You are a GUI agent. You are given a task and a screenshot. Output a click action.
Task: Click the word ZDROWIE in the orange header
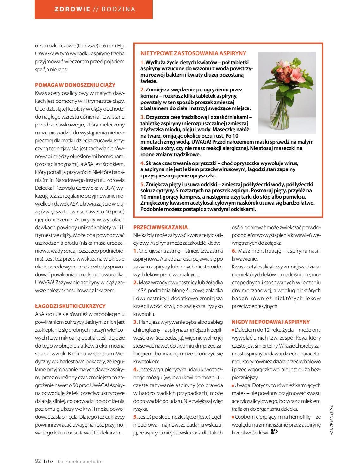pos(72,9)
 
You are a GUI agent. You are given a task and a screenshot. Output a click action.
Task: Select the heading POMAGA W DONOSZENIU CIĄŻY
pos(75,85)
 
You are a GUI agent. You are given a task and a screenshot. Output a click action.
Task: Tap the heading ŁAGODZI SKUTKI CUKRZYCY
pos(70,306)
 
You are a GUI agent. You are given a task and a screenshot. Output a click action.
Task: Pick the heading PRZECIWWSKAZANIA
pos(160,227)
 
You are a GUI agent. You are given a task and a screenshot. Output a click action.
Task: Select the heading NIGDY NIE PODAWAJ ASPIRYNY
pos(270,322)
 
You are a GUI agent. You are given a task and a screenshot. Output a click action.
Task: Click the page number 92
pos(38,461)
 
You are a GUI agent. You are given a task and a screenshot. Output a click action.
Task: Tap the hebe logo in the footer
pos(48,461)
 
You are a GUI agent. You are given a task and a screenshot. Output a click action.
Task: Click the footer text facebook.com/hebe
pos(80,461)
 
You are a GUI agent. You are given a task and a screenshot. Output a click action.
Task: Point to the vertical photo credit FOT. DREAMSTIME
pos(332,420)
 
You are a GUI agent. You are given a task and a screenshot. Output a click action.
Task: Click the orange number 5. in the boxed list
pos(143,184)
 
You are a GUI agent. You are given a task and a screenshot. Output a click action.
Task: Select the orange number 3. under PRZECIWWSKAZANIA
pos(136,322)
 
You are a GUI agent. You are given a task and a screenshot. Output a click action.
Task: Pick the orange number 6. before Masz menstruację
pos(234,251)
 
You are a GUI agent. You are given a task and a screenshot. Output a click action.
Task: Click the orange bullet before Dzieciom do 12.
pos(233,330)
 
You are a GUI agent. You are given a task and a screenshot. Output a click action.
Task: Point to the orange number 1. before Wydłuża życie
pos(143,62)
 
